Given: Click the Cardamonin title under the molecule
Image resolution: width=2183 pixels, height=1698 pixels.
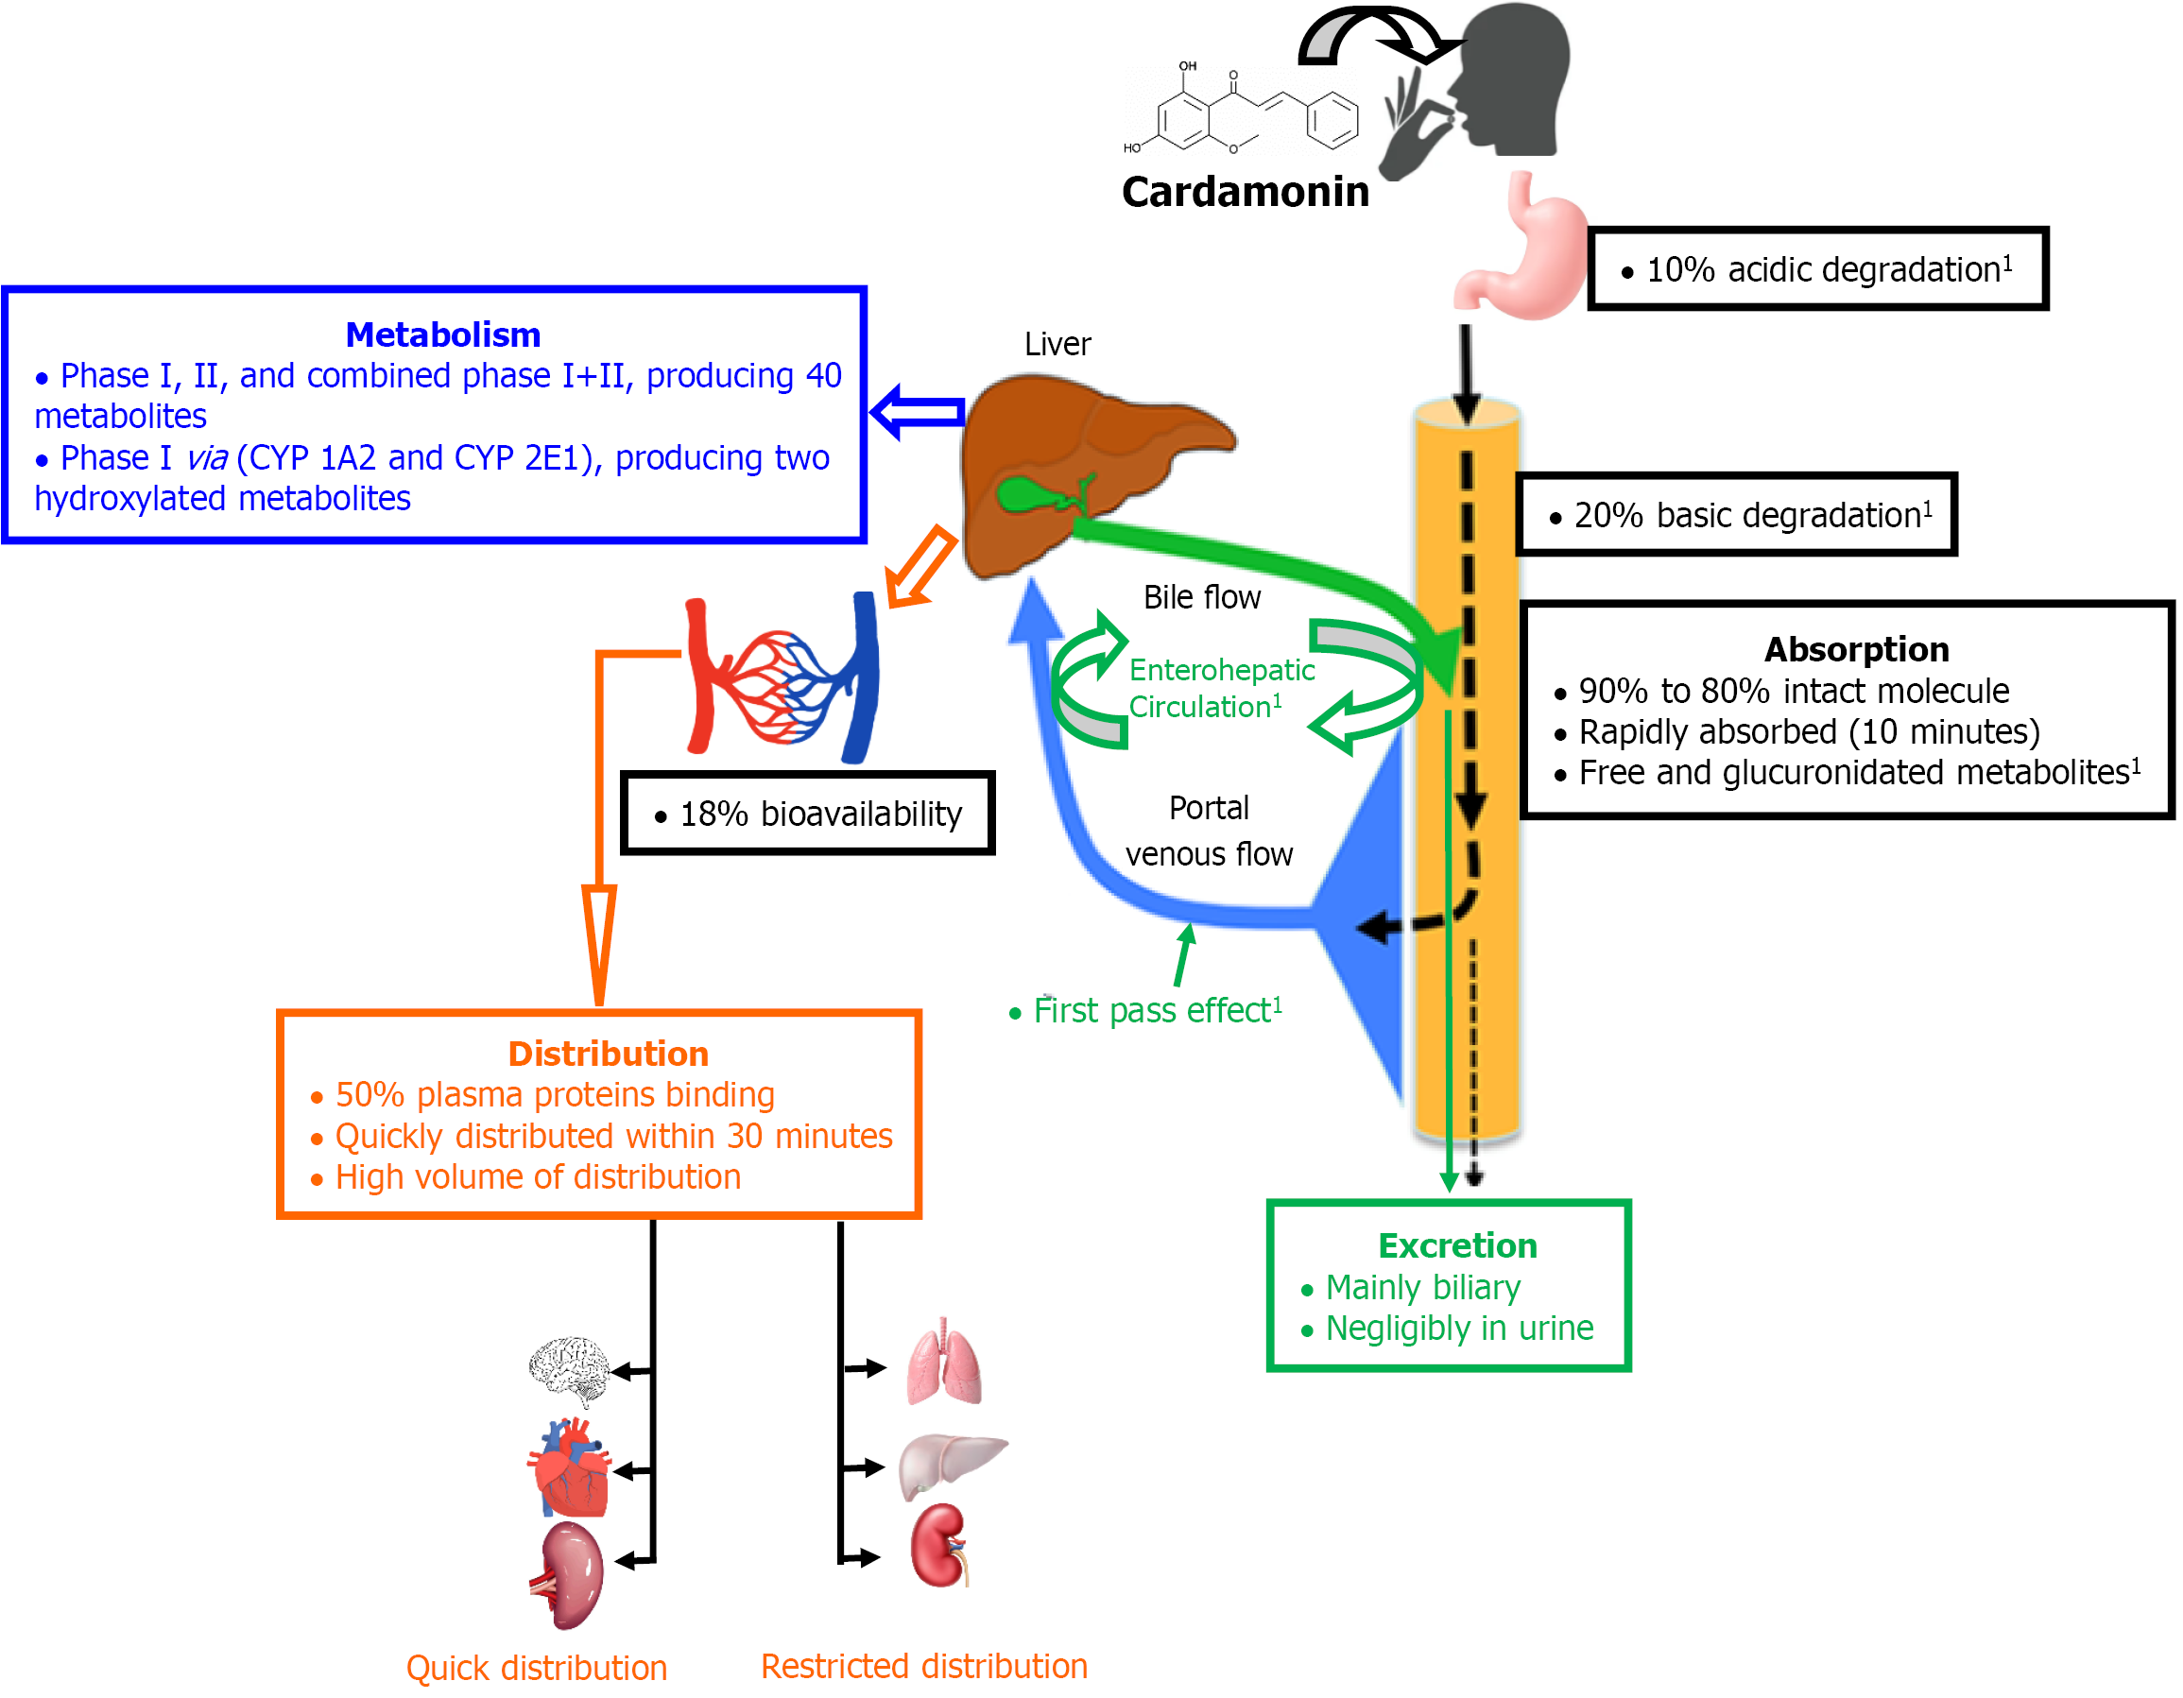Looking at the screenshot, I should tap(1245, 191).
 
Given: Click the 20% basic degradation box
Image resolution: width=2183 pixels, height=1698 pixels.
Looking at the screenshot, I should tap(1736, 515).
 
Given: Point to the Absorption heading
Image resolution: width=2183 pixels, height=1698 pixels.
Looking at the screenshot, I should tap(1856, 649).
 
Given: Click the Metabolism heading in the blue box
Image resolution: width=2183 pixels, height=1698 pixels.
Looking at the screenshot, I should tap(443, 334).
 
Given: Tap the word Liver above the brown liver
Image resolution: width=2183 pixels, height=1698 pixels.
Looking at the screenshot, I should tap(1057, 345).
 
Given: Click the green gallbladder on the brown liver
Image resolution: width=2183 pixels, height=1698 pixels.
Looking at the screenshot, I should tap(1024, 495).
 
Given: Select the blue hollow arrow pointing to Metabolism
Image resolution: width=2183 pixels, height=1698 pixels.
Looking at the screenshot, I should tap(916, 411).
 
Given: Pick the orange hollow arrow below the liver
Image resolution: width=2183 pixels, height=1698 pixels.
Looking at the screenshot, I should tap(920, 568).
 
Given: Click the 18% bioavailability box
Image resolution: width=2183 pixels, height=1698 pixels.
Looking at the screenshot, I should tap(808, 814).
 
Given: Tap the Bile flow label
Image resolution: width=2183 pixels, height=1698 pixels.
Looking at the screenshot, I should tap(1201, 597).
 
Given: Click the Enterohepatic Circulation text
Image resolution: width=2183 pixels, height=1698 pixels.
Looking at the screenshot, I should tap(1220, 688).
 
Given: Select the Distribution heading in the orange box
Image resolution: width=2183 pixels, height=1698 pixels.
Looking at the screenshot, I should tap(608, 1055).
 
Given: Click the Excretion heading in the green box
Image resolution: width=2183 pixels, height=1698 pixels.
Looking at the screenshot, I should tap(1457, 1246).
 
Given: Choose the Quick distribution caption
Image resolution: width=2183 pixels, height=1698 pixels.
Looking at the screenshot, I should tap(536, 1668).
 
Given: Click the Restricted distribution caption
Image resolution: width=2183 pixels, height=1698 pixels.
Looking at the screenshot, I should tap(923, 1666).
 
